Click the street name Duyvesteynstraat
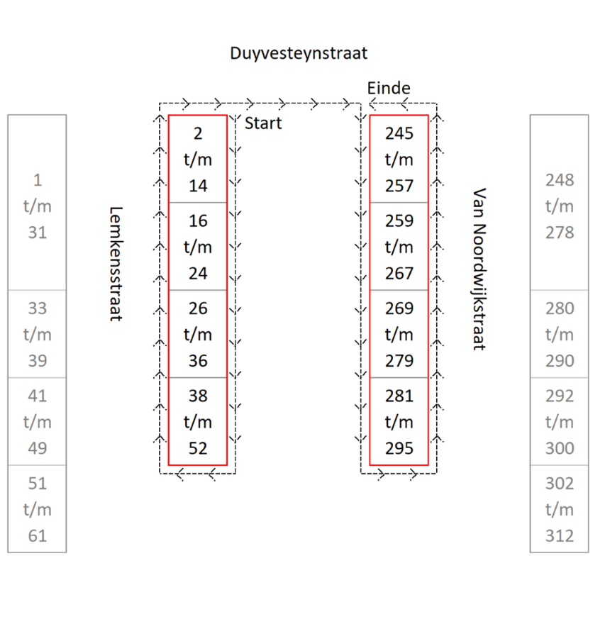(x=299, y=53)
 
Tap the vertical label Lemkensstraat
(x=116, y=264)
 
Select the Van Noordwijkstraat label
(x=479, y=269)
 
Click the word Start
(x=263, y=123)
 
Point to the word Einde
(x=389, y=88)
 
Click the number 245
(x=399, y=133)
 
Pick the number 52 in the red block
(x=198, y=448)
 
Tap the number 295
(x=399, y=448)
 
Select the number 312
(x=559, y=536)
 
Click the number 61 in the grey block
(x=38, y=536)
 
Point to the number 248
(x=559, y=180)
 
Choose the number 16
(x=198, y=221)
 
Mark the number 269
(x=399, y=308)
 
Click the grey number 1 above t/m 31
(x=38, y=180)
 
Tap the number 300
(x=559, y=448)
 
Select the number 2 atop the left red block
(x=198, y=133)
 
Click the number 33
(x=38, y=308)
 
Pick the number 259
(x=399, y=221)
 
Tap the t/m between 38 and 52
(x=198, y=422)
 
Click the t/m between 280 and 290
(x=559, y=335)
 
